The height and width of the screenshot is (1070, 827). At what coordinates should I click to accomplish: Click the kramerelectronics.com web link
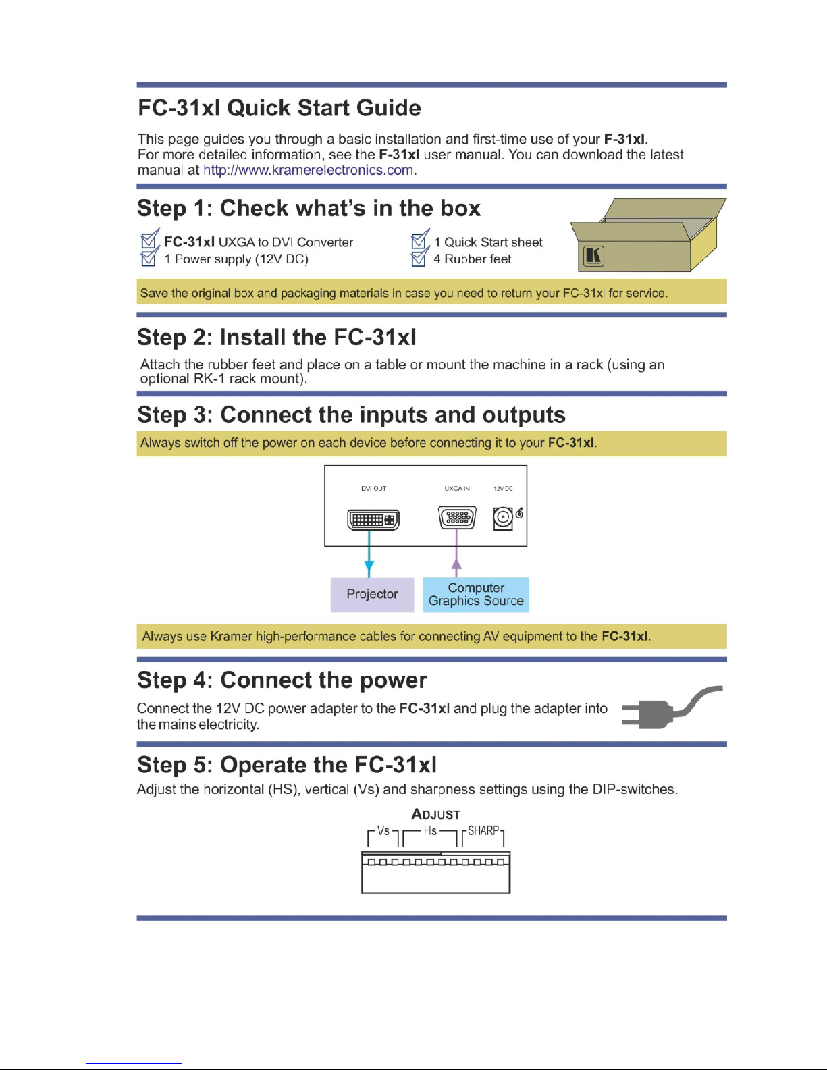click(x=308, y=170)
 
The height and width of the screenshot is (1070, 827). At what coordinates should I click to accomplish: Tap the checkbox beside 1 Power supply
click(x=149, y=257)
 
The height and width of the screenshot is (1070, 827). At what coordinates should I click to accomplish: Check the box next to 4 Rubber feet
click(x=419, y=257)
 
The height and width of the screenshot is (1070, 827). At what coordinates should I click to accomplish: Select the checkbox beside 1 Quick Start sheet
click(x=420, y=239)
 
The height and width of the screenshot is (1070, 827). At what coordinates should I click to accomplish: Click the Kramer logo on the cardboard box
click(x=593, y=256)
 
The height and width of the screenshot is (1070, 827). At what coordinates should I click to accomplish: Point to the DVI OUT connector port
click(x=373, y=520)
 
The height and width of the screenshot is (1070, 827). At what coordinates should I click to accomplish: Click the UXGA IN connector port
click(x=457, y=517)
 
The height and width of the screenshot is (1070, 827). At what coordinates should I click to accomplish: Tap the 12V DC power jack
click(x=502, y=518)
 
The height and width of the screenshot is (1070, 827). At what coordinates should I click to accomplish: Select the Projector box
click(x=372, y=594)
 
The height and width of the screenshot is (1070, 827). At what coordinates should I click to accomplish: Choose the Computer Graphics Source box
click(x=476, y=594)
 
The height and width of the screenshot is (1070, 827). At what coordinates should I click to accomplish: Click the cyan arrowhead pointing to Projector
click(x=369, y=567)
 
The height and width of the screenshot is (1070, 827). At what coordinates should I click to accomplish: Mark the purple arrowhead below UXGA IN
click(x=457, y=565)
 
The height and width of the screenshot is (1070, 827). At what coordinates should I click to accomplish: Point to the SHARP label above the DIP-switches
click(x=483, y=831)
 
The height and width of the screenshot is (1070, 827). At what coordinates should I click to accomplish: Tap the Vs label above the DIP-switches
click(x=383, y=831)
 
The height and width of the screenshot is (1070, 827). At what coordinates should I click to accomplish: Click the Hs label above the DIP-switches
click(x=430, y=831)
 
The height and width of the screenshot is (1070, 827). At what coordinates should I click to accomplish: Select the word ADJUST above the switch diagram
click(x=435, y=814)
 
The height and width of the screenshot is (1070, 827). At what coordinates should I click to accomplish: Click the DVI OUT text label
click(x=373, y=489)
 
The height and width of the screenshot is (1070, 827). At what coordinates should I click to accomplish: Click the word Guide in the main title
click(x=388, y=108)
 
